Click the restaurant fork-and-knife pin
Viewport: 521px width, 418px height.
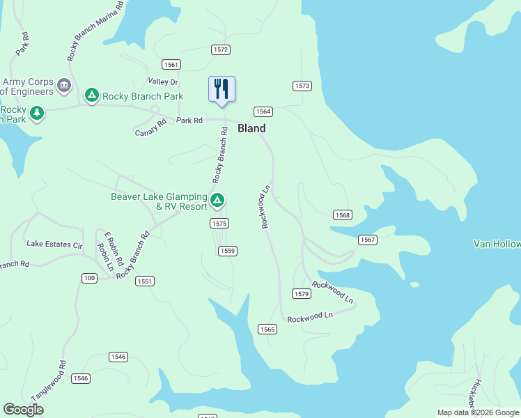(x=221, y=89)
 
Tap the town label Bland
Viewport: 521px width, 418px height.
(x=251, y=128)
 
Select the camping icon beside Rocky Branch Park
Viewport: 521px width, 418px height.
(x=91, y=95)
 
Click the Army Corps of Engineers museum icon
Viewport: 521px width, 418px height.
(x=64, y=86)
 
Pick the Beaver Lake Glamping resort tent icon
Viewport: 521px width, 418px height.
(x=217, y=201)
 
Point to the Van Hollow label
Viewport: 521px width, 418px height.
(x=497, y=244)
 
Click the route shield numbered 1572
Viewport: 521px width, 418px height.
(x=221, y=49)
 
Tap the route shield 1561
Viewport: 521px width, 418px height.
(x=171, y=65)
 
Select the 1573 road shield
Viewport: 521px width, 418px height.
(x=301, y=86)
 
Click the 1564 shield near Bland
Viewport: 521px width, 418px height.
(x=263, y=111)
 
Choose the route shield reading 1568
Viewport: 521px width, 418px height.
(x=342, y=215)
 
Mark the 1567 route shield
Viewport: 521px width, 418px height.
(x=368, y=240)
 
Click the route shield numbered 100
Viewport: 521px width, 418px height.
(x=89, y=278)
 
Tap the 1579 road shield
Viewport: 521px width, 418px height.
(x=301, y=293)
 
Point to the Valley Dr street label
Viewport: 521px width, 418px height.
(x=163, y=82)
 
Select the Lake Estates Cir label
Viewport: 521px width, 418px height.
(x=54, y=245)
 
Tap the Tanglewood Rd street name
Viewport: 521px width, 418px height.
(x=58, y=378)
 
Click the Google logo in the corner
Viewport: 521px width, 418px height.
(x=24, y=410)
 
